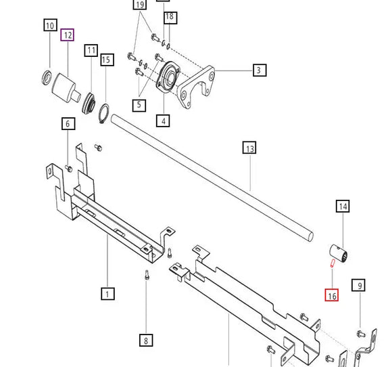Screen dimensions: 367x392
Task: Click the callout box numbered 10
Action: pos(51,26)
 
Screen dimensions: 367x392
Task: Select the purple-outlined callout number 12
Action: pos(68,35)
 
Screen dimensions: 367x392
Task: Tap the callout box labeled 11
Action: pos(91,50)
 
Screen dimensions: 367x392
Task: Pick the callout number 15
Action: pos(105,60)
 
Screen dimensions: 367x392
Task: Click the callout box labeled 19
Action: pos(140,5)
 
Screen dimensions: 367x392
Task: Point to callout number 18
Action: pos(169,16)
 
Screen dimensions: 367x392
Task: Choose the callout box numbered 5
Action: pos(139,104)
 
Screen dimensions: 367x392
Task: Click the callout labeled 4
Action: pos(162,121)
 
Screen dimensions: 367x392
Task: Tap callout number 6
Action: pos(68,124)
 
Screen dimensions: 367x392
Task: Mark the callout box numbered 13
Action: pos(249,148)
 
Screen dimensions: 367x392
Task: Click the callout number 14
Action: pos(343,206)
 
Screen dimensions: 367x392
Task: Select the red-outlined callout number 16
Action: pos(332,295)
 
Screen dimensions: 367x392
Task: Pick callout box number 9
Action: pos(360,286)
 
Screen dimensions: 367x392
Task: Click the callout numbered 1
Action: pos(107,293)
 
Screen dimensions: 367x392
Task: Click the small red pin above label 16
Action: pos(333,263)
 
